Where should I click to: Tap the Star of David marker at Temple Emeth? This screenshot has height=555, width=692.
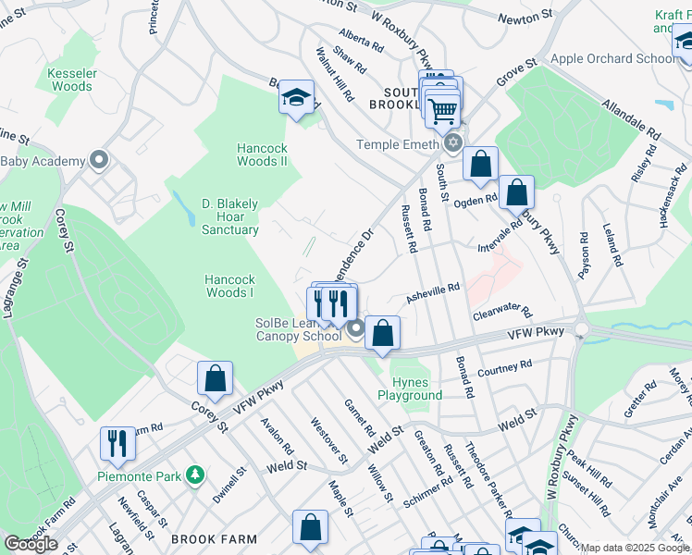click(452, 143)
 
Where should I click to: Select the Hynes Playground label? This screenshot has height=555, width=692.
click(410, 388)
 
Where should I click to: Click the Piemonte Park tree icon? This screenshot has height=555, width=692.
click(194, 475)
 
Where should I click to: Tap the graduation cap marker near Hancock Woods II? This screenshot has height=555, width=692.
click(297, 99)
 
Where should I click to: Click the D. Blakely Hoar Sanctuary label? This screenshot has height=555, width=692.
click(229, 216)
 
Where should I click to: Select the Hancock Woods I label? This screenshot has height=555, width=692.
click(229, 286)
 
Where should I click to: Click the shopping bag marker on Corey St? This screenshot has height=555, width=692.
click(215, 378)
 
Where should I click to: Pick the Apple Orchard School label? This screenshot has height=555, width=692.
click(613, 58)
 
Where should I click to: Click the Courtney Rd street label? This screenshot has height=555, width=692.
click(504, 369)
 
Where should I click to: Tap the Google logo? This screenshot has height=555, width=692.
click(31, 544)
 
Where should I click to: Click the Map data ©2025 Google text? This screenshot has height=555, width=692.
click(635, 548)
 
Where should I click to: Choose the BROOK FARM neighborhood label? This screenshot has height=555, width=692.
click(207, 539)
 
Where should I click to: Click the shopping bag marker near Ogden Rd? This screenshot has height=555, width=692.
click(517, 193)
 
